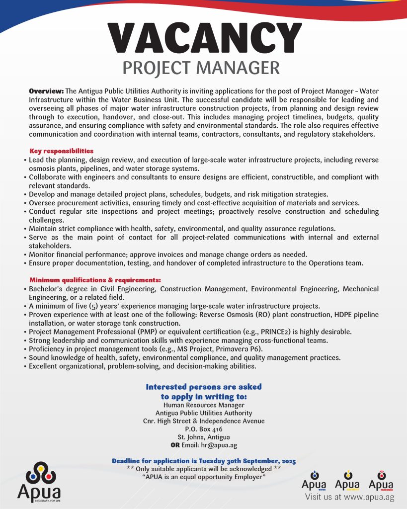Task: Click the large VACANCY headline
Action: point(204,37)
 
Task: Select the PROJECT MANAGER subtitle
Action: point(201,68)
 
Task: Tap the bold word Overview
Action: point(46,91)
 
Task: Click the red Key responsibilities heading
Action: point(62,151)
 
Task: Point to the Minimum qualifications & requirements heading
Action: point(95,280)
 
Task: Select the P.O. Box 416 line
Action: point(203,429)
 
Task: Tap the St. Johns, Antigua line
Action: point(203,437)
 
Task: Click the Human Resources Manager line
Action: point(203,405)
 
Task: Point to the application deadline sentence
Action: point(204,461)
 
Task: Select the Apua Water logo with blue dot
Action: point(314,480)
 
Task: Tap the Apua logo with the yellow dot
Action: point(347,480)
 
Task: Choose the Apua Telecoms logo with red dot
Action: point(381,480)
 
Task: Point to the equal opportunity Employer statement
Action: point(204,477)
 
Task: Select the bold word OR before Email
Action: point(175,445)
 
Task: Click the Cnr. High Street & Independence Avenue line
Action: point(203,421)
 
